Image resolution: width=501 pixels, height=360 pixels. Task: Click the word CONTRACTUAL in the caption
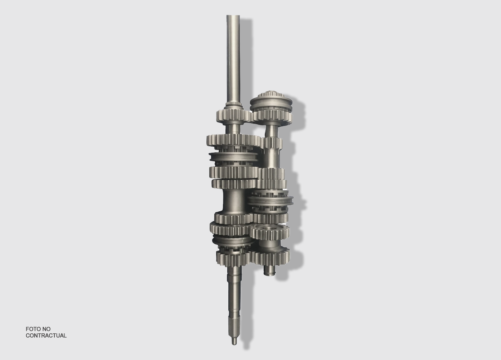[x=46, y=336]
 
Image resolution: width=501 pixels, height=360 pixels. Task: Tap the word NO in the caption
[x=46, y=329]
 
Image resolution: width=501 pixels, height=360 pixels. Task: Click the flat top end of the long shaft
[x=233, y=15]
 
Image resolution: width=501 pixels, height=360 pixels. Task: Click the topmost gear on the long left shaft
[x=233, y=116]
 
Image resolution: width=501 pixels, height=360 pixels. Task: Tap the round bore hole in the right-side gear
[x=268, y=228]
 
